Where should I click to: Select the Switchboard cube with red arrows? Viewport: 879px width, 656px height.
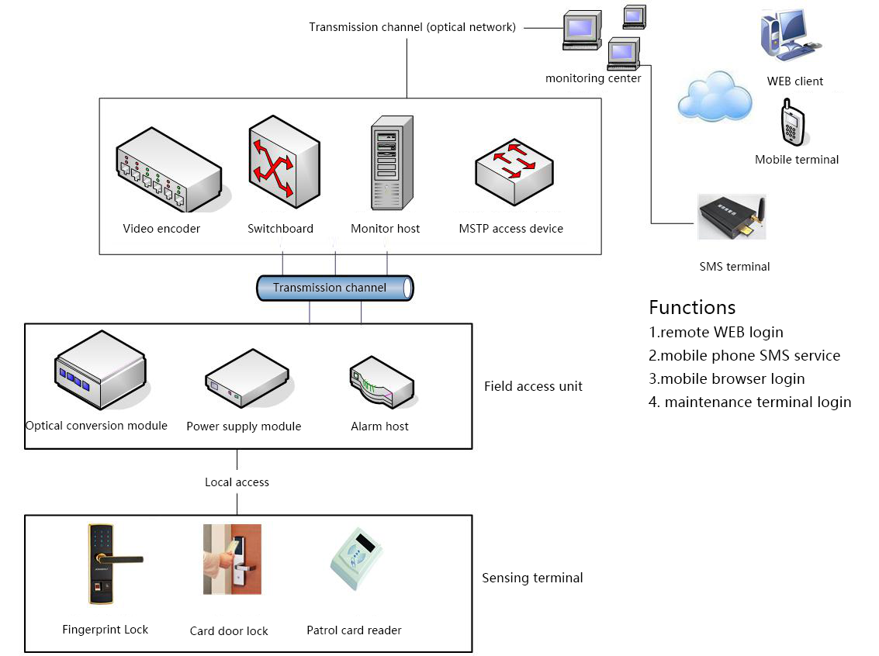click(x=284, y=163)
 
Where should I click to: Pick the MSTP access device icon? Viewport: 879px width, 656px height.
click(x=514, y=171)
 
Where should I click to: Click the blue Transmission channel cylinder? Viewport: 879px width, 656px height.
click(x=335, y=288)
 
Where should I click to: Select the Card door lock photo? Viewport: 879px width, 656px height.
click(x=232, y=559)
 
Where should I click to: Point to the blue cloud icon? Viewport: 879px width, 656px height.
click(x=715, y=96)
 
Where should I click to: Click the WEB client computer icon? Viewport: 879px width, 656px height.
click(x=788, y=35)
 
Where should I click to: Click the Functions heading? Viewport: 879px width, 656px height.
click(x=692, y=307)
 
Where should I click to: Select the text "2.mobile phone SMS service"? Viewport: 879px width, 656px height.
click(x=745, y=356)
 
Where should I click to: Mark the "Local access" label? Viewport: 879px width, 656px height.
click(x=237, y=482)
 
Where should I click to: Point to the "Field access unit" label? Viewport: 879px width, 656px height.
click(x=533, y=386)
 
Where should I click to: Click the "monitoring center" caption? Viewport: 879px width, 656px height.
click(x=593, y=78)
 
